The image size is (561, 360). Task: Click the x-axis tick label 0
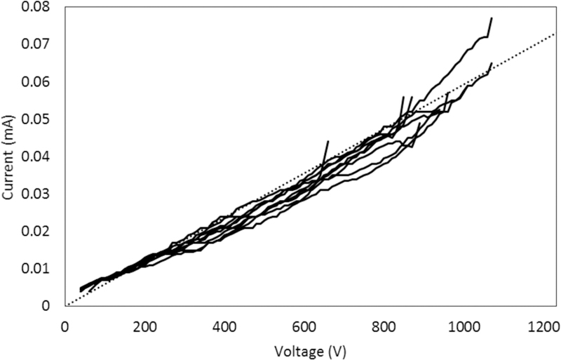pos(65,326)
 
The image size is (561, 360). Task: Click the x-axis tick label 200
pos(144,326)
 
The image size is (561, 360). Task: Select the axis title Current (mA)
pos(10,156)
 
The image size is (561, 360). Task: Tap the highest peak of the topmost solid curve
pos(492,18)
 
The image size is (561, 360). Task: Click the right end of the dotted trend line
pos(555,32)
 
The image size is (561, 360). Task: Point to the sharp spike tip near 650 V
pos(327,141)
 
